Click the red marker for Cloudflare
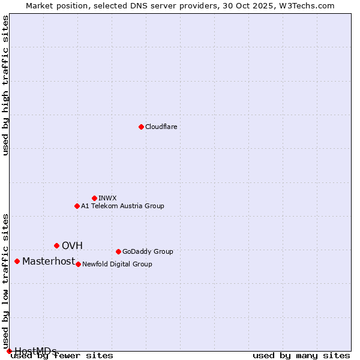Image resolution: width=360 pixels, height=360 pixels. (141, 127)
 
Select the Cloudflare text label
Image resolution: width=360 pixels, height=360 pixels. (161, 127)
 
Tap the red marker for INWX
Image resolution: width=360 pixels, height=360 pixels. (94, 198)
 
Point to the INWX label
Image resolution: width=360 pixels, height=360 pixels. (107, 198)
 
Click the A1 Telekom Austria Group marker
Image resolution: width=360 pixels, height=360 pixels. (77, 206)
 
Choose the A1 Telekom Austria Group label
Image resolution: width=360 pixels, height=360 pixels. (122, 206)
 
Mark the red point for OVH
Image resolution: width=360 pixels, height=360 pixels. (56, 245)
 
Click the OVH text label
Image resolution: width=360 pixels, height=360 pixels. (72, 245)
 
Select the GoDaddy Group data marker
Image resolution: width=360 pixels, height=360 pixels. (118, 251)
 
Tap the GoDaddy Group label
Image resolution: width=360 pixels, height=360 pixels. (148, 251)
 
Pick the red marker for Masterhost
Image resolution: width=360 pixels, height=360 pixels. (17, 261)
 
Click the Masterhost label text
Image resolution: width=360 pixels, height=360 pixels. (49, 261)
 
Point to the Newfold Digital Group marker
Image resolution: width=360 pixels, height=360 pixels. (78, 264)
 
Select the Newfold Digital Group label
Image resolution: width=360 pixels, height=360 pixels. (117, 264)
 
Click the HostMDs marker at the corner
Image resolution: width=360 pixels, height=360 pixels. (9, 351)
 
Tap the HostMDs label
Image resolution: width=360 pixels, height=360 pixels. (35, 351)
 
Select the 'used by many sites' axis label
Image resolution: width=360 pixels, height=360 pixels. (301, 355)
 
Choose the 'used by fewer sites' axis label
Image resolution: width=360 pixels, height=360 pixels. (62, 355)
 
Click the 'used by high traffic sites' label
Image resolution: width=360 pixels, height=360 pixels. (5, 85)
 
